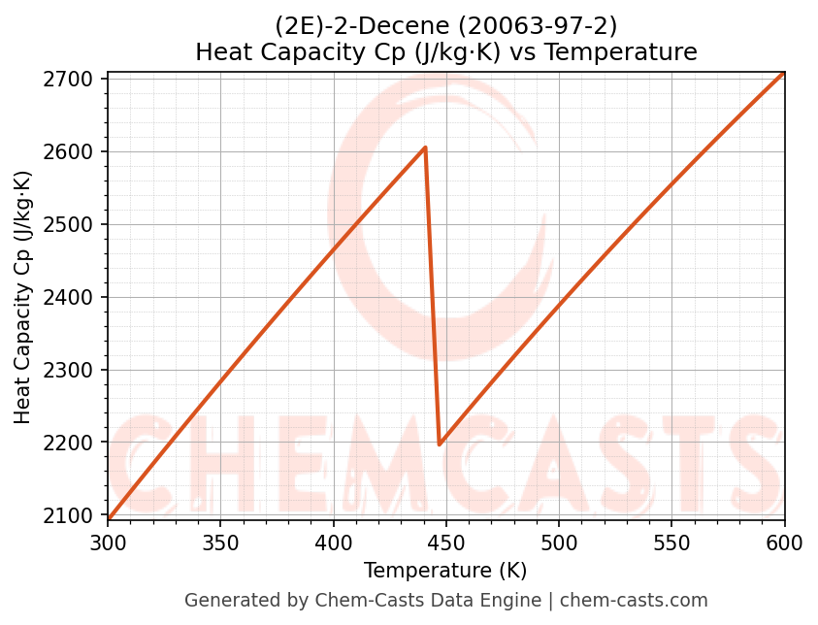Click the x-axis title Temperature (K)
coord(445,571)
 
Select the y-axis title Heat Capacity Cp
coord(23,297)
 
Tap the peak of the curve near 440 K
coord(425,148)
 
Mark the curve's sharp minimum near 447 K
coord(440,444)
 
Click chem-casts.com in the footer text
coord(634,601)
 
